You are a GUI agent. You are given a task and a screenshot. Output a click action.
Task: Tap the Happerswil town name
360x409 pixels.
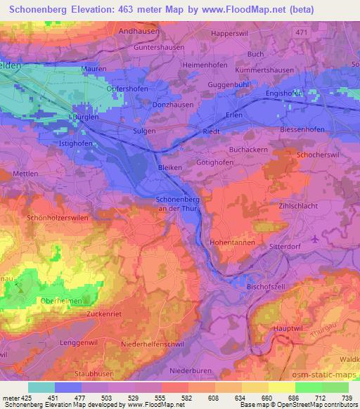[x=234, y=33]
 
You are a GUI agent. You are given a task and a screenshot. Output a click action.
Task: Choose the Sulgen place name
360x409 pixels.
[x=144, y=131]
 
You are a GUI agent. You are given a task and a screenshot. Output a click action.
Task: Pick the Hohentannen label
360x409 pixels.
[x=231, y=241]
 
